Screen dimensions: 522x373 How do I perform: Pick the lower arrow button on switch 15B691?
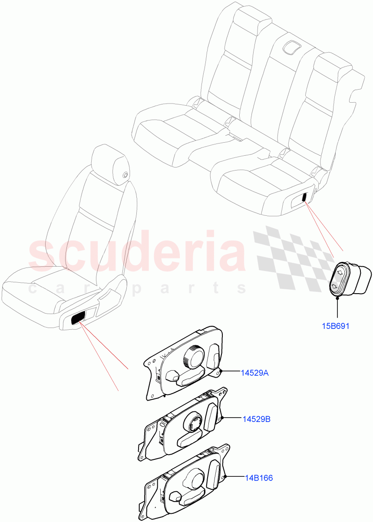point(335,287)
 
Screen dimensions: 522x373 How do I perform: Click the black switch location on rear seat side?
point(304,197)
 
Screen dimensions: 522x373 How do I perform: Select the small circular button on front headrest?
point(125,175)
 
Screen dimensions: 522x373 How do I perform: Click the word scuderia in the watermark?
point(137,254)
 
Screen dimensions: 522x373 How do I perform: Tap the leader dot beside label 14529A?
point(221,371)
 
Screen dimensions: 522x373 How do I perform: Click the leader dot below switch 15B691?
point(338,298)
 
